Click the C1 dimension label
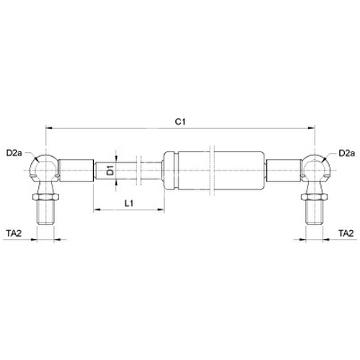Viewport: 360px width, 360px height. [x=180, y=122]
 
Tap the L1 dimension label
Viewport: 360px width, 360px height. [x=129, y=204]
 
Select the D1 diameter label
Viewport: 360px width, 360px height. [x=111, y=170]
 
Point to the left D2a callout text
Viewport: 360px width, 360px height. [x=14, y=153]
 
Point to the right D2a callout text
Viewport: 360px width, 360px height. [x=346, y=153]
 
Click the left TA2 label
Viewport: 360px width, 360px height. [x=14, y=233]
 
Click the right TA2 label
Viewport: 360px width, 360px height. [x=346, y=233]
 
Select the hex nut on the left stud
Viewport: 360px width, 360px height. [x=45, y=197]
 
